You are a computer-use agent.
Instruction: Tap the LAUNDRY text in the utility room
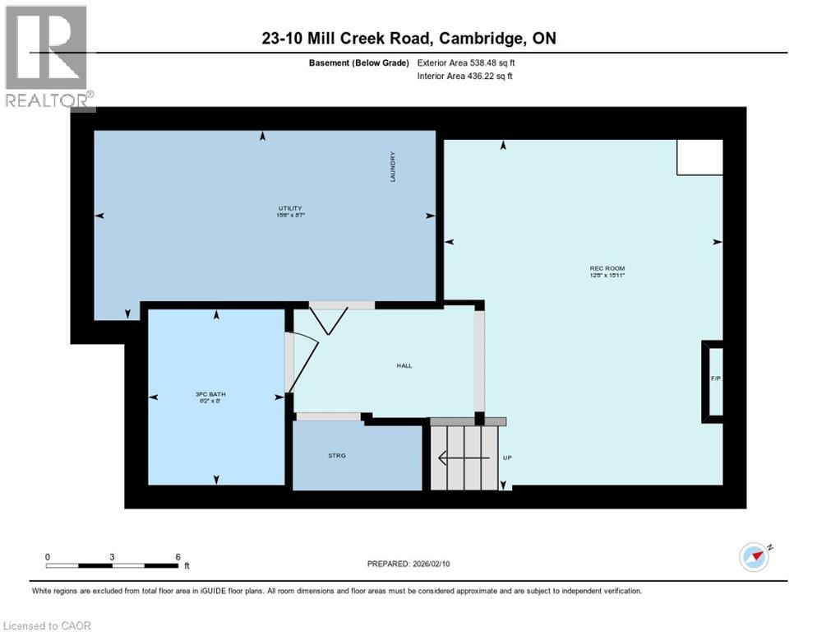(395, 167)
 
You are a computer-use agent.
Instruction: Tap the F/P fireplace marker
(714, 379)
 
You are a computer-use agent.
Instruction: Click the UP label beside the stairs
(507, 458)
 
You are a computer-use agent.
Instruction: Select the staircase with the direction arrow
(466, 458)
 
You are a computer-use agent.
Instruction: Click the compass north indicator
(755, 556)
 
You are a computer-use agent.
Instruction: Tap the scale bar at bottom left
(113, 565)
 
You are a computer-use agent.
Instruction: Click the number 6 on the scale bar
(178, 556)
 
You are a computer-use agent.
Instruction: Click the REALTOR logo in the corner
(47, 58)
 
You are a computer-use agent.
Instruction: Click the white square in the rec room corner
(699, 157)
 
